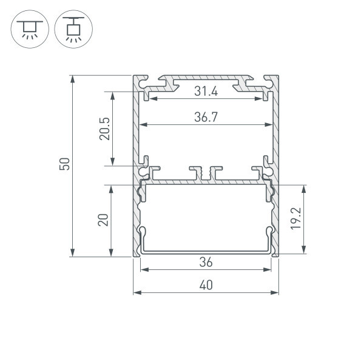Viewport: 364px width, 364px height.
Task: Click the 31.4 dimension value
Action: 206,91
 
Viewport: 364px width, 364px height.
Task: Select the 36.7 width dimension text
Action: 206,117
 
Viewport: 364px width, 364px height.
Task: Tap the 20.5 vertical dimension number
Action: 104,129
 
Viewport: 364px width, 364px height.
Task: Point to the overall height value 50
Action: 64,164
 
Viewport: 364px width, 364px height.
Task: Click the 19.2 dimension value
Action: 296,218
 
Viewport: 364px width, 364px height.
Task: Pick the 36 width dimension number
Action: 206,262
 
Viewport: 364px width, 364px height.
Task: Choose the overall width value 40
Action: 206,285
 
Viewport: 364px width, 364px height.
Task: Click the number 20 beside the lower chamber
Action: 103,220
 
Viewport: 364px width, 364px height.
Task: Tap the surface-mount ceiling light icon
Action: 30,29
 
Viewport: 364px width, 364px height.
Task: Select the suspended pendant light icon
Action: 73,29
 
